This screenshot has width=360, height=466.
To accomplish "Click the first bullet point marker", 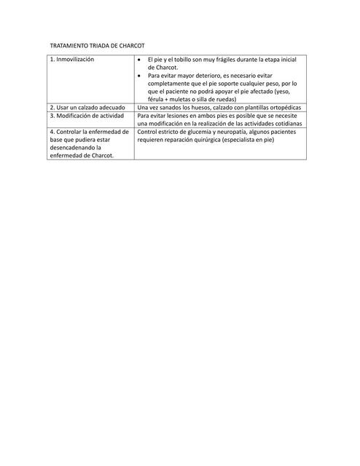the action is click(141, 58).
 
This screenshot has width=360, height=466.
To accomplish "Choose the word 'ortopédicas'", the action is click(281, 108).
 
